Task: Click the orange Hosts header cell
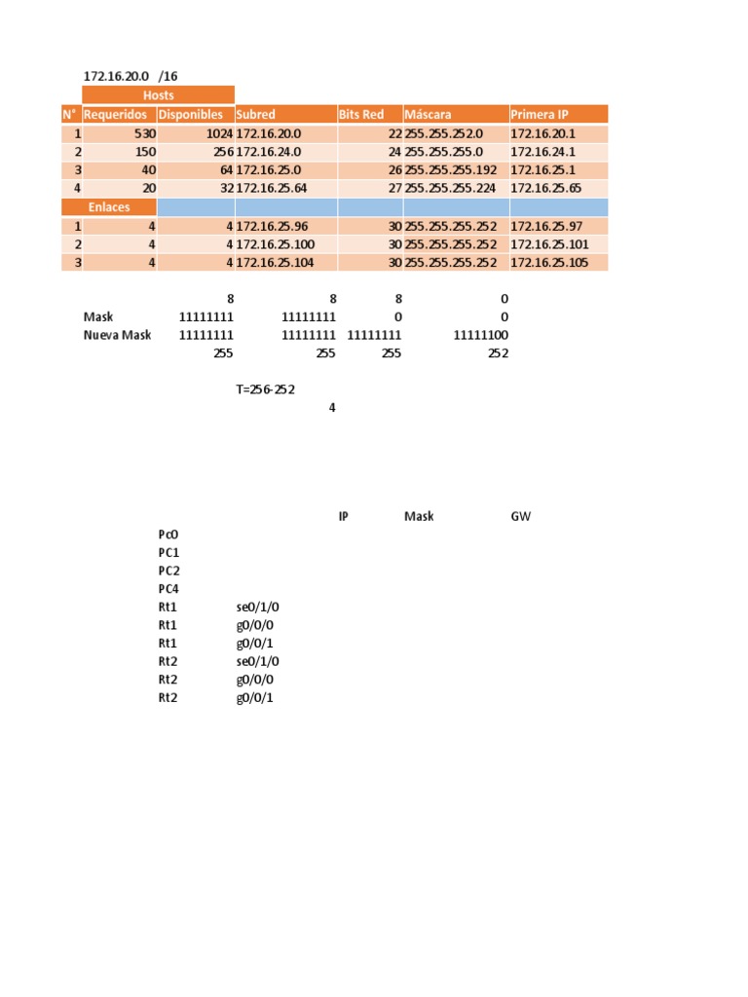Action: (158, 95)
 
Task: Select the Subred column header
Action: (256, 114)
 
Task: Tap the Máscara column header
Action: (428, 114)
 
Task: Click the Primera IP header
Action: (537, 114)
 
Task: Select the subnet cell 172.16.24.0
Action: (269, 152)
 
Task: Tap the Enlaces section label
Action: (109, 207)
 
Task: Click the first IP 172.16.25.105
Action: (549, 262)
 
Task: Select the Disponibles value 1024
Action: (219, 133)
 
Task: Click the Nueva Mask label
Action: (117, 335)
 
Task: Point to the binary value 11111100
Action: (481, 335)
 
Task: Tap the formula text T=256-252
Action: (266, 388)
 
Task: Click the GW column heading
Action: (521, 516)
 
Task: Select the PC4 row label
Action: (168, 589)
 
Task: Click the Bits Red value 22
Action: (394, 133)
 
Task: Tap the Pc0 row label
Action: (168, 535)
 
